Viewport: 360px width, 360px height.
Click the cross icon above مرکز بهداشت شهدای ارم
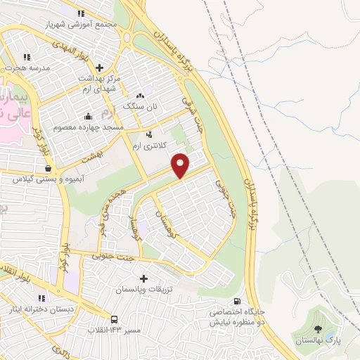coord(99,67)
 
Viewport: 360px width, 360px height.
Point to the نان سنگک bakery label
coord(139,105)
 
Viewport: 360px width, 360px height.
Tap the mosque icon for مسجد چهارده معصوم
coord(88,116)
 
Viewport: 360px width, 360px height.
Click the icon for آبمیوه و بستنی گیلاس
coord(48,169)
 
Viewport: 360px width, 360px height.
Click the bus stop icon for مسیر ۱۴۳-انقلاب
coord(114,318)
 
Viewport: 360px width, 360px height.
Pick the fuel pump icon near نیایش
coord(245,301)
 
